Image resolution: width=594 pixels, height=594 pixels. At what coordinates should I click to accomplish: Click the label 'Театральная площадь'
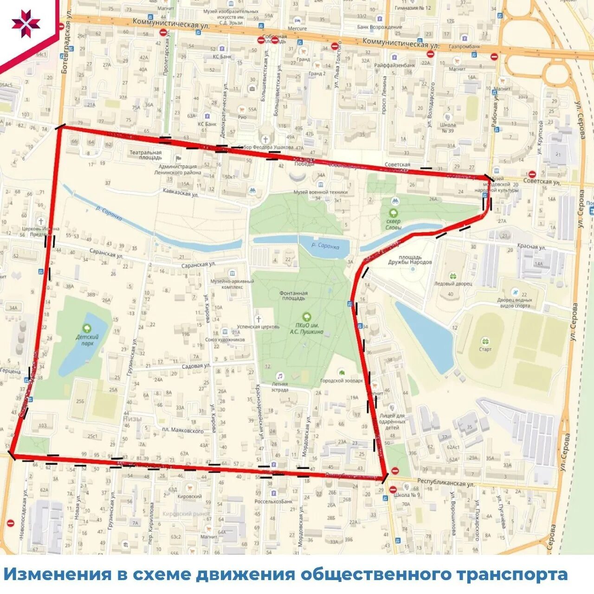tap(145, 155)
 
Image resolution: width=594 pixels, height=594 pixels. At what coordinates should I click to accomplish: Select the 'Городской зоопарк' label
tap(341, 381)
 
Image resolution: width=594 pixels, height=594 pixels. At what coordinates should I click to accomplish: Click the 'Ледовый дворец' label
tap(453, 284)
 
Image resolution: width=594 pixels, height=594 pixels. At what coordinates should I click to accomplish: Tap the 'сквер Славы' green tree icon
tap(394, 213)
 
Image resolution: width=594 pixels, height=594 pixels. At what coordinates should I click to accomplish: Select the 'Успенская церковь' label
tap(258, 326)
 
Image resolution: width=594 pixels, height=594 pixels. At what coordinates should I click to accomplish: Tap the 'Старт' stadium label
tap(485, 349)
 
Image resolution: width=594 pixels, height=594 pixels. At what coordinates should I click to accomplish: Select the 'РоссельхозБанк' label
tap(273, 501)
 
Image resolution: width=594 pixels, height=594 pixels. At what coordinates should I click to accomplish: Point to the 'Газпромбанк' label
tap(465, 46)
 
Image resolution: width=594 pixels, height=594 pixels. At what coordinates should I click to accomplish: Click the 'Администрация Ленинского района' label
tap(178, 169)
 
